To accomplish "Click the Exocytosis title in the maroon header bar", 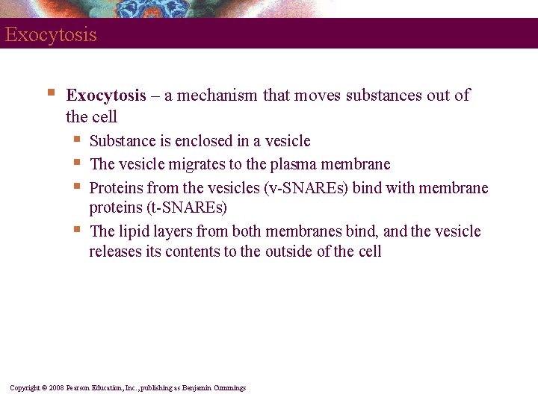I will (50, 35).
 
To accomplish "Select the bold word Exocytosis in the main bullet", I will (106, 96).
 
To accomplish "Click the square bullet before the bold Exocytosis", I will (50, 94).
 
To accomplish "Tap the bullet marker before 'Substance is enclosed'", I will (77, 139).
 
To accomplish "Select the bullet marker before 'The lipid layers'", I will (77, 229).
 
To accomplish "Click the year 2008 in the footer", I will (56, 388).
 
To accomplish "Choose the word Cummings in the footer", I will (229, 388).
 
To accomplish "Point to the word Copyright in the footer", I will (24, 388).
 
